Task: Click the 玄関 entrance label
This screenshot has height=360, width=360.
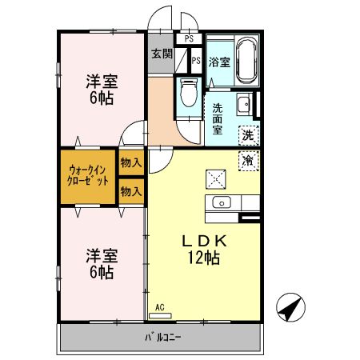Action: click(162, 55)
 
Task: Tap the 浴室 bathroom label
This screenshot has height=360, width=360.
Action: click(221, 62)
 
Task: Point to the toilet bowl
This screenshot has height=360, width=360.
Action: click(188, 94)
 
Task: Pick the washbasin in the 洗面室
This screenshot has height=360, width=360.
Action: click(245, 104)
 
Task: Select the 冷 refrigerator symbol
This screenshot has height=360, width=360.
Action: click(248, 160)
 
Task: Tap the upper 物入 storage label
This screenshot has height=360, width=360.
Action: click(131, 162)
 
